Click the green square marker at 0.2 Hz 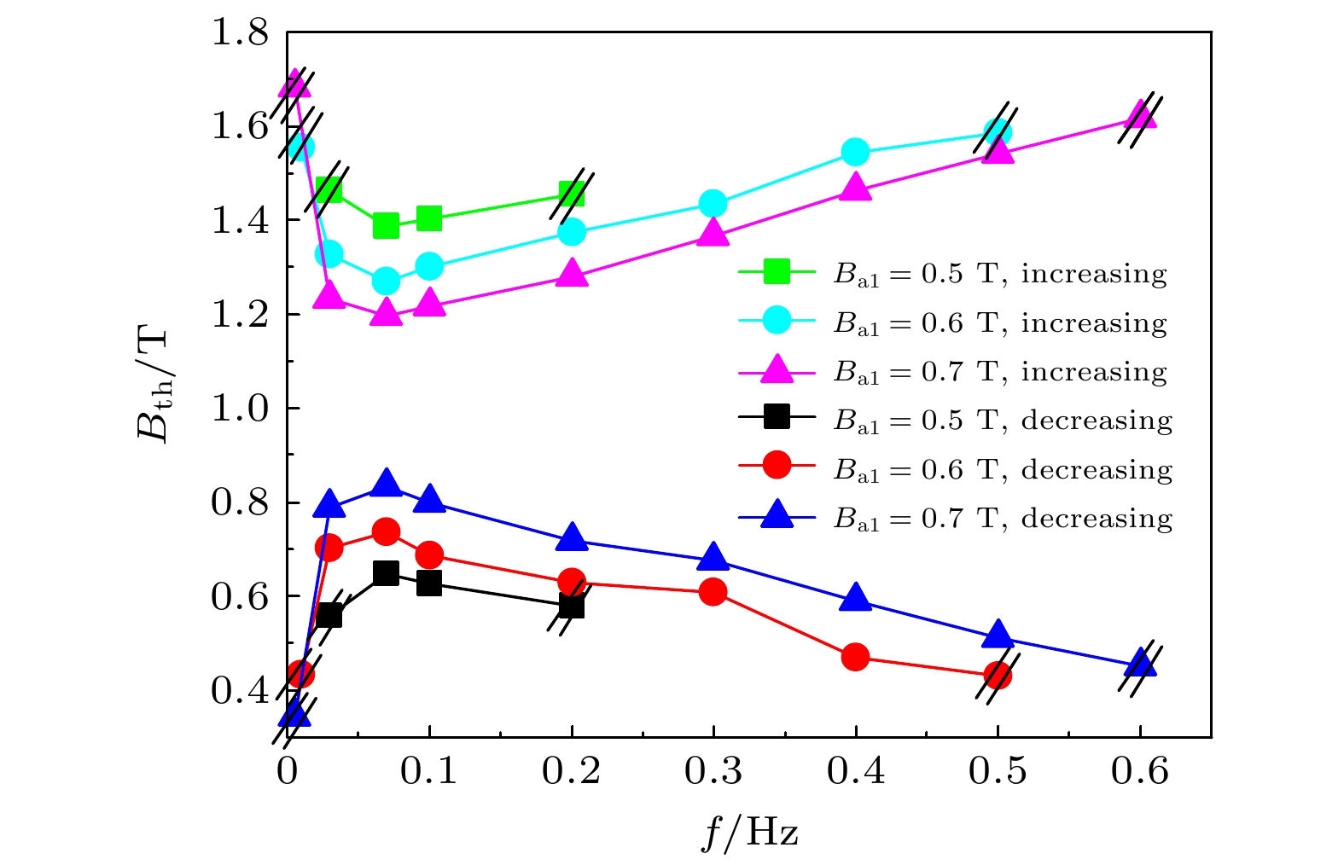click(x=572, y=193)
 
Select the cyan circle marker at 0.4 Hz click(x=855, y=153)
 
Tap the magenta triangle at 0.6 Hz click(x=1140, y=115)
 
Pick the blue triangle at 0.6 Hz click(x=1140, y=663)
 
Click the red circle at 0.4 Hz click(x=855, y=657)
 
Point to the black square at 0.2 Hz click(x=572, y=607)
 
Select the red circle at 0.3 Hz click(x=713, y=592)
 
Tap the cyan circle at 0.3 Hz click(x=713, y=204)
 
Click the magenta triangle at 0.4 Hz click(x=855, y=188)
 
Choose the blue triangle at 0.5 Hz click(x=998, y=636)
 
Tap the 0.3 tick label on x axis click(x=713, y=771)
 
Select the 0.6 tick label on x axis click(x=1140, y=771)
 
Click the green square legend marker click(x=777, y=273)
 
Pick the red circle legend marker click(x=777, y=466)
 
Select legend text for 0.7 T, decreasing click(x=1004, y=519)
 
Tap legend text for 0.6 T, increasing click(x=1000, y=323)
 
